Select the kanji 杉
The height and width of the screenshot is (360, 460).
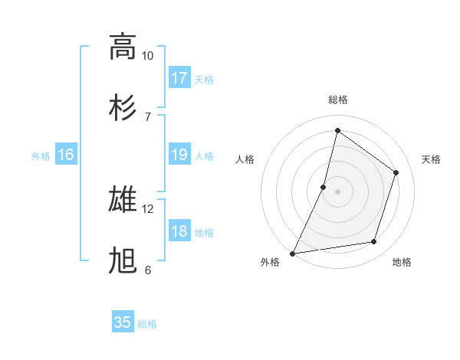123,107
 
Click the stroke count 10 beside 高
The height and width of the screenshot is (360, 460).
147,56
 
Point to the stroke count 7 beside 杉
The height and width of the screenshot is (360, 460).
147,116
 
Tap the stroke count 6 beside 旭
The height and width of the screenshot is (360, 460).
147,270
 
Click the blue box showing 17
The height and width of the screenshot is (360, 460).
179,78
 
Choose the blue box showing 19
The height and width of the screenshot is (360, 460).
179,155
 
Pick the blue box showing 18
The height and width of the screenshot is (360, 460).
179,232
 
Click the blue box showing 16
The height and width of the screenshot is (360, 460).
66,155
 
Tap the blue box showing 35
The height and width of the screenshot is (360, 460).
123,322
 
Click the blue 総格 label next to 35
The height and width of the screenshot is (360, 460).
147,324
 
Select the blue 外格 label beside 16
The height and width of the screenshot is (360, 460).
41,156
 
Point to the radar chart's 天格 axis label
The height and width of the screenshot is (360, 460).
431,159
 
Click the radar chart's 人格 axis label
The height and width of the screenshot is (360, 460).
245,159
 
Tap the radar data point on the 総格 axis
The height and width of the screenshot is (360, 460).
337,131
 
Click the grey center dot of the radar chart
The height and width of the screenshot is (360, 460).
337,191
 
